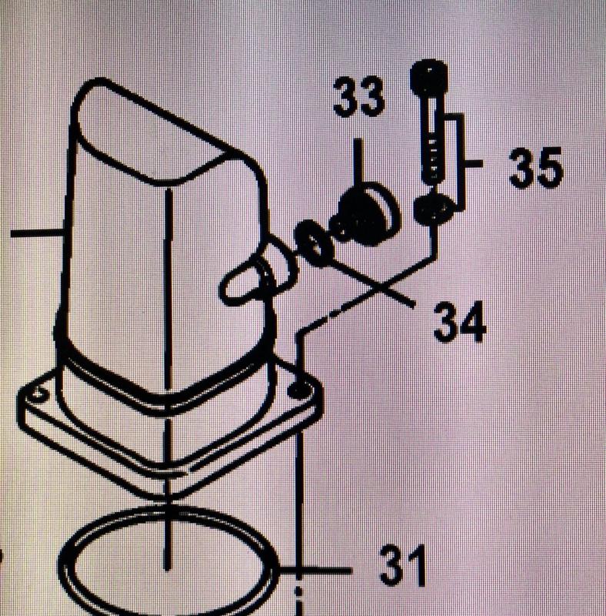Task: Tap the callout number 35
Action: [536, 167]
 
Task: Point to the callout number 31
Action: [404, 566]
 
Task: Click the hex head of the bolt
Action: [429, 78]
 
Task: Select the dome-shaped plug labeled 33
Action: [365, 214]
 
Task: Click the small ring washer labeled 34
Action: [315, 243]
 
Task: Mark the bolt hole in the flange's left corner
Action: [38, 393]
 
